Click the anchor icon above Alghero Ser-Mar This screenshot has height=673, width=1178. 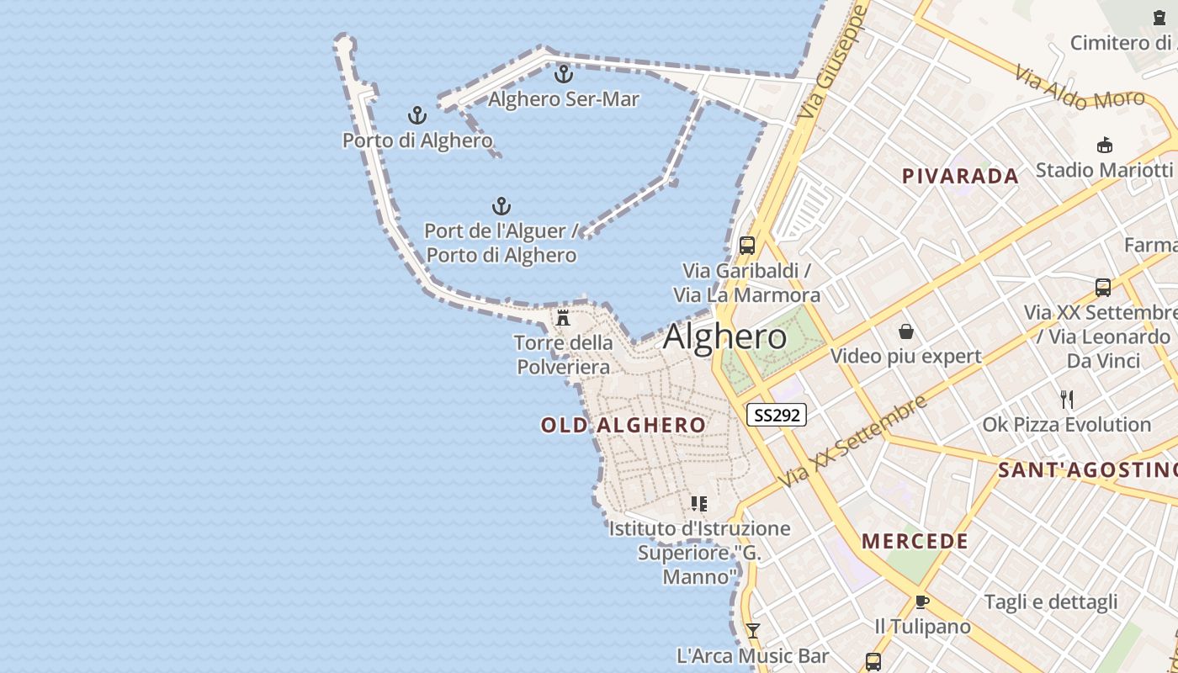(x=563, y=74)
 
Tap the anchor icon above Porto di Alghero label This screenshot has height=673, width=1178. (x=417, y=115)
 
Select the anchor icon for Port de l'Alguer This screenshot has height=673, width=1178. (x=501, y=206)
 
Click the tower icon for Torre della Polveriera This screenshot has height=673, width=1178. (x=563, y=318)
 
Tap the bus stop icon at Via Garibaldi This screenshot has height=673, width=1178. (x=747, y=246)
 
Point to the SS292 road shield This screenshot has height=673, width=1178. (x=776, y=415)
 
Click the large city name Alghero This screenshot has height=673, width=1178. (x=724, y=337)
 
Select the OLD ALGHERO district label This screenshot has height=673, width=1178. (x=623, y=425)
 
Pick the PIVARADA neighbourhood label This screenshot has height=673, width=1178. (x=960, y=176)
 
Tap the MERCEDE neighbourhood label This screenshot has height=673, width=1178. (x=915, y=541)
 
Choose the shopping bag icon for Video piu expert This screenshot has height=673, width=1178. (x=905, y=331)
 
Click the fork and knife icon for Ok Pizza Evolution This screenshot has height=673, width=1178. (x=1067, y=399)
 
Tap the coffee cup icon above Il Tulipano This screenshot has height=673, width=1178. (x=921, y=601)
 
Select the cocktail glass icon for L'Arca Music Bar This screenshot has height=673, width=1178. (x=753, y=631)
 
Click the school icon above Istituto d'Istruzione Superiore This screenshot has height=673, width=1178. (x=698, y=504)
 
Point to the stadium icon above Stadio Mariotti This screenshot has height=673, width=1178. (x=1105, y=145)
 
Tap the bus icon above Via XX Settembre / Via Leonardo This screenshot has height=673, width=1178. (x=1103, y=288)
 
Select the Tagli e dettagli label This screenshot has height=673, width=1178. (x=1051, y=601)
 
